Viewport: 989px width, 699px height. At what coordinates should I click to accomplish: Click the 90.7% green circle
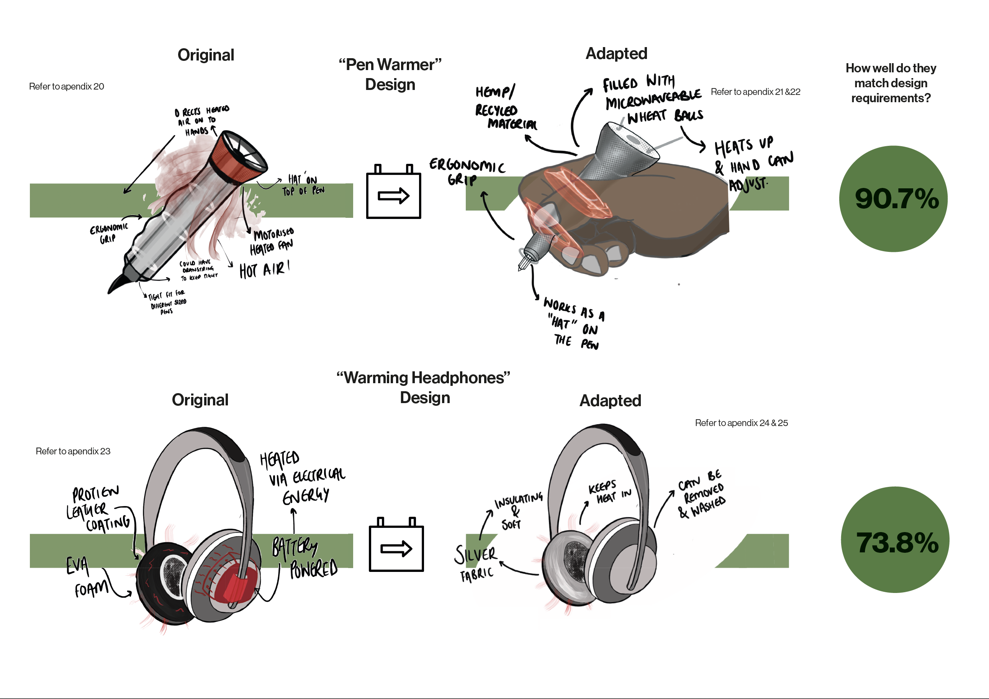(x=893, y=198)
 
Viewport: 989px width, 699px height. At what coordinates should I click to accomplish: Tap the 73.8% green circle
(x=895, y=540)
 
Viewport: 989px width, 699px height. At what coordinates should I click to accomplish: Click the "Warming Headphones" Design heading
(x=423, y=387)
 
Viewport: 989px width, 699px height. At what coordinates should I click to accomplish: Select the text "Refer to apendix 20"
(x=66, y=87)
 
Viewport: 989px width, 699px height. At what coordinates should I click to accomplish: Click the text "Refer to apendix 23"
(x=73, y=451)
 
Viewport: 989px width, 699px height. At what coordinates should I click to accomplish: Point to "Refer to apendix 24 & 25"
(x=741, y=423)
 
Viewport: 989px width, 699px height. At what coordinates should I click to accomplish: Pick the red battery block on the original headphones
(x=235, y=586)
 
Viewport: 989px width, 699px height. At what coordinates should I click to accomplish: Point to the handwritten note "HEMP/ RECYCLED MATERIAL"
(x=504, y=108)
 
